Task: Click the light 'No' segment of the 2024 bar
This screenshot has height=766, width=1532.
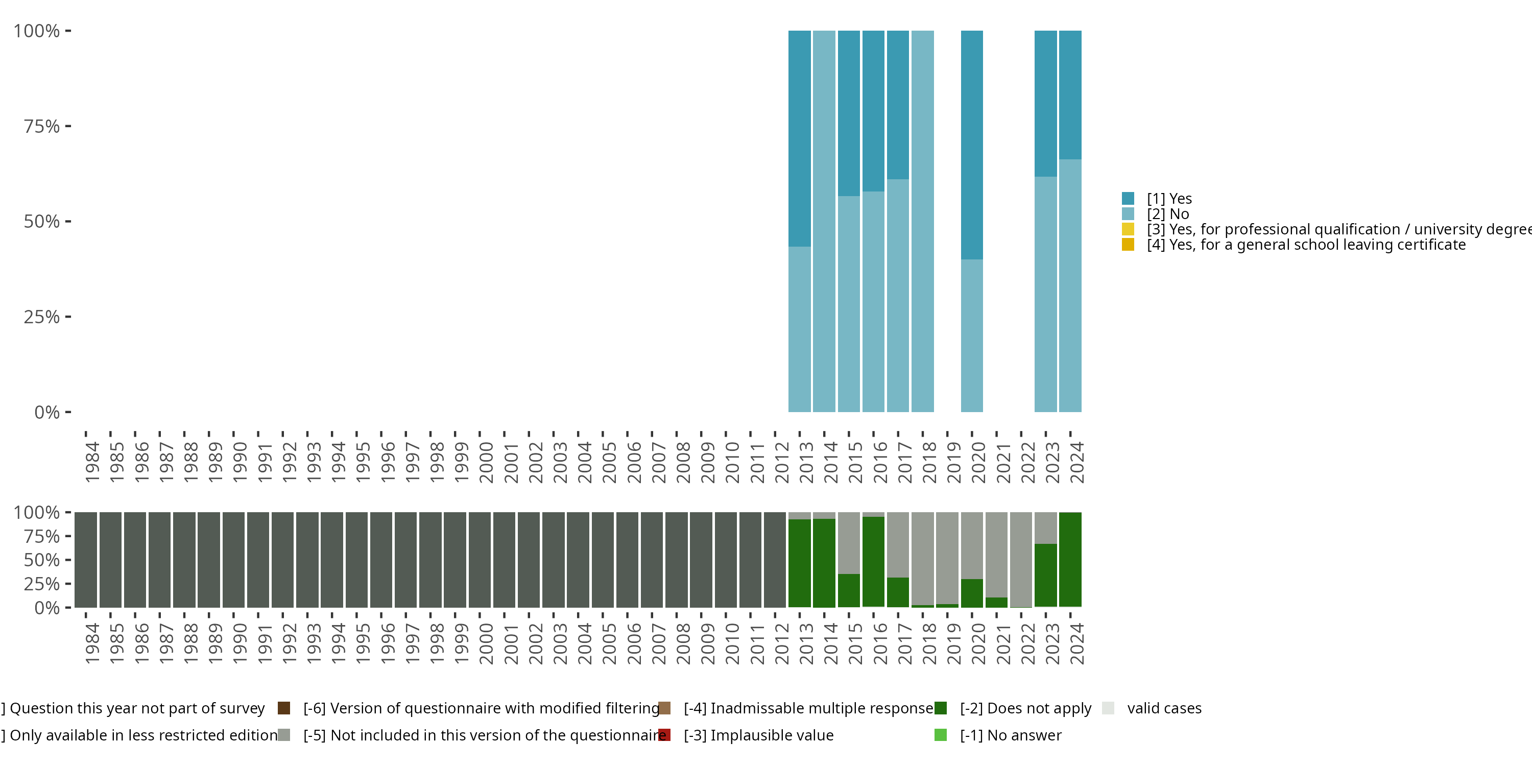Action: click(x=1070, y=285)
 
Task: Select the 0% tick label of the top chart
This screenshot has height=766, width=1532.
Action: click(x=47, y=412)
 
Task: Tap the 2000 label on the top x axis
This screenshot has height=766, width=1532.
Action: click(x=487, y=462)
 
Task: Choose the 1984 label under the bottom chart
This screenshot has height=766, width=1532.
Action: click(x=92, y=643)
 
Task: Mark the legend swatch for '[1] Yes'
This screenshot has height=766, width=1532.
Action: click(x=1128, y=198)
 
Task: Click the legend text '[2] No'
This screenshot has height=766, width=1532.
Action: click(x=1167, y=214)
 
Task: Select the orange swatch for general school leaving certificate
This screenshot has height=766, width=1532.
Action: click(x=1128, y=245)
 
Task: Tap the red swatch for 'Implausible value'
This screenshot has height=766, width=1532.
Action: click(x=664, y=735)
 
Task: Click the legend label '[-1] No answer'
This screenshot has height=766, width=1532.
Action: click(x=1011, y=735)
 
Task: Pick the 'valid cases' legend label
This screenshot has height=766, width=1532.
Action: click(x=1164, y=708)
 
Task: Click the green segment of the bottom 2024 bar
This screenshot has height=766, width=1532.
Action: click(x=1070, y=559)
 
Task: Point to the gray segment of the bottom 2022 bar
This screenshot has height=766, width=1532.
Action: click(x=1020, y=559)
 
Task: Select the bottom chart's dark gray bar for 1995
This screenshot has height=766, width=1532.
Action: click(x=356, y=560)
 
